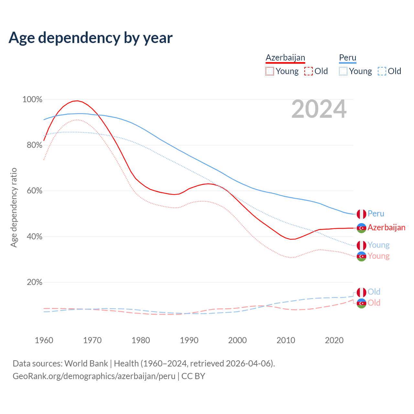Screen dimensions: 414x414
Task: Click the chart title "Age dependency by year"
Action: click(91, 38)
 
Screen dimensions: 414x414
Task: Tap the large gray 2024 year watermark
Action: click(319, 109)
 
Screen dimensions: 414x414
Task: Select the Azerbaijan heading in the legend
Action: click(285, 58)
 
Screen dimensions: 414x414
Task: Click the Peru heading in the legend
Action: click(347, 58)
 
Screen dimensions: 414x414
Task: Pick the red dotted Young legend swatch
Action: click(269, 71)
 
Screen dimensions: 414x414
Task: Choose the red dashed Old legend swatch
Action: click(309, 71)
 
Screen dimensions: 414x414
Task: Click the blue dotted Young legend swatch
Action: click(343, 71)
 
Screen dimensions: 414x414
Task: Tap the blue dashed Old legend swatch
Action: click(382, 71)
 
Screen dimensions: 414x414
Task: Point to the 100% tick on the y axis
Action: click(32, 100)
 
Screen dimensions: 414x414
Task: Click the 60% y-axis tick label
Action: click(34, 191)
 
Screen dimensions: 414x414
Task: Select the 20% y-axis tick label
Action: click(34, 282)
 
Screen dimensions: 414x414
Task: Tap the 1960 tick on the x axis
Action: click(44, 340)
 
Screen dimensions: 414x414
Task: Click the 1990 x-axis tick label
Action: click(189, 340)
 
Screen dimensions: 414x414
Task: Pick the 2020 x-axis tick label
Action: click(334, 340)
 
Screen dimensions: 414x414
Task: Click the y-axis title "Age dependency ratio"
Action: click(14, 207)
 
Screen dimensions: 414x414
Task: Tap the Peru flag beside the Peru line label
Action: click(361, 214)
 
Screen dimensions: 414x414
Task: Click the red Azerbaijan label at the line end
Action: click(387, 228)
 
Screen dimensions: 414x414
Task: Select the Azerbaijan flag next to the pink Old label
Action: click(361, 303)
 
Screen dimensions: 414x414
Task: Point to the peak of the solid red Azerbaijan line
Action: click(77, 101)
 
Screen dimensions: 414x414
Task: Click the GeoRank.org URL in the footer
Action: click(94, 376)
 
